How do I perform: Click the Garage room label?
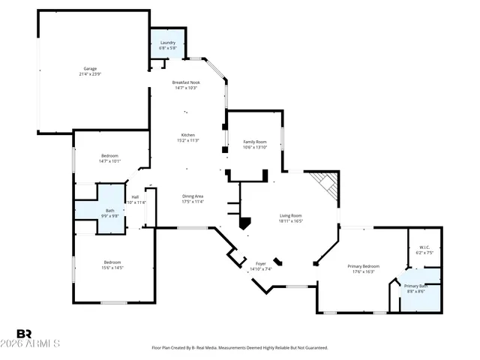tap(90, 68)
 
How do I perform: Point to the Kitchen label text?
tap(187, 135)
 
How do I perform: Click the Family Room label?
tap(255, 141)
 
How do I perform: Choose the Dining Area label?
tap(193, 196)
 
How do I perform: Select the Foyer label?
tap(261, 264)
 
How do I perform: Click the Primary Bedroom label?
tap(363, 266)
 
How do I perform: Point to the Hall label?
tap(135, 197)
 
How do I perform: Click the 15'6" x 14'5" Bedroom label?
tap(112, 264)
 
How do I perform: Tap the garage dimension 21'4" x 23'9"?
tap(90, 74)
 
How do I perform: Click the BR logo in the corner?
tap(25, 334)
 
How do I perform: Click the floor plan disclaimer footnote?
tap(240, 348)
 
